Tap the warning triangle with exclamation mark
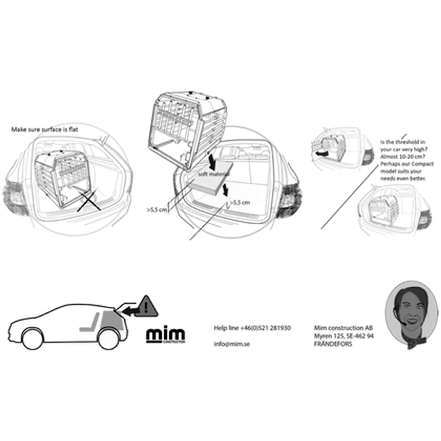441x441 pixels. click(x=146, y=307)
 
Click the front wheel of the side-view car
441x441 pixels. click(x=33, y=339)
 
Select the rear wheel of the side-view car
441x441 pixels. click(x=108, y=339)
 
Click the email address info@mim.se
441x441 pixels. click(x=232, y=344)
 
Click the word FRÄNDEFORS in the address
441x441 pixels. click(x=333, y=344)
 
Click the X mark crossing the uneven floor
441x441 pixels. click(x=89, y=201)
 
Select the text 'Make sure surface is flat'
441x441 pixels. click(x=45, y=129)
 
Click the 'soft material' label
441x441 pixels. click(x=214, y=174)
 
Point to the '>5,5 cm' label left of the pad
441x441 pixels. click(x=157, y=210)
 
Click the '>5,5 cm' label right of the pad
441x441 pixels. click(x=240, y=202)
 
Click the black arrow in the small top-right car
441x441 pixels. click(x=322, y=153)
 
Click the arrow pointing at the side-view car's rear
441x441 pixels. click(x=130, y=311)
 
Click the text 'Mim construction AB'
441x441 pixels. click(x=344, y=328)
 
